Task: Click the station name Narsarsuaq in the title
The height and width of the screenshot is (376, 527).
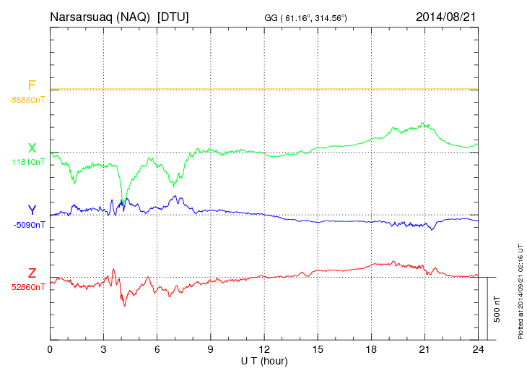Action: point(82,16)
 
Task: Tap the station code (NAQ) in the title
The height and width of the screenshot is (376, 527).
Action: point(132,16)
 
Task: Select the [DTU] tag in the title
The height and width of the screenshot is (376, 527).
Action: point(173,16)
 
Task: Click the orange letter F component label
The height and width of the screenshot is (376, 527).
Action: point(32,85)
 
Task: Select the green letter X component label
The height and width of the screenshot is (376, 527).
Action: point(32,148)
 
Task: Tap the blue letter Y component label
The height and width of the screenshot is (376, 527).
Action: point(32,210)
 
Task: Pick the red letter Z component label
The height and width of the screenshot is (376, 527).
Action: point(32,273)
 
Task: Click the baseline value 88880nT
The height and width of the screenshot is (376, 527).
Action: point(27,99)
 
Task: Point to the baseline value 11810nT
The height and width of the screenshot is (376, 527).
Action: point(27,162)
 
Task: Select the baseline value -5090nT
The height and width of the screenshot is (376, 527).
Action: point(29,224)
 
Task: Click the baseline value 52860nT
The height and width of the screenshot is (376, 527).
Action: point(27,287)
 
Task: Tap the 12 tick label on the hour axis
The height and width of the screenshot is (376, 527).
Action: point(263,350)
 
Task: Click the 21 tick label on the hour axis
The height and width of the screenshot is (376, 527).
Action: point(424,350)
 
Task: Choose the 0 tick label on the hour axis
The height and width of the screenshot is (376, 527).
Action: point(50,350)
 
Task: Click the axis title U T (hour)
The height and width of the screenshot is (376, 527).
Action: point(264,360)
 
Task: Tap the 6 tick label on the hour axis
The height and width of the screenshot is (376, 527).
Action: point(157,350)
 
